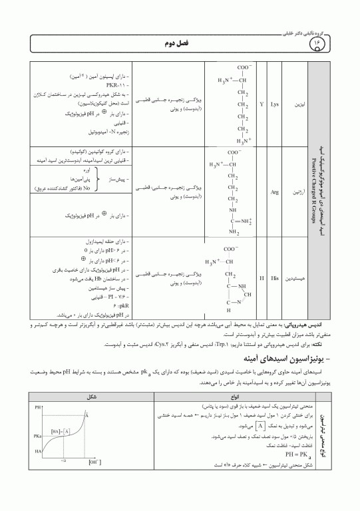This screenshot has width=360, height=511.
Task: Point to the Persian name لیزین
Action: click(297, 105)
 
